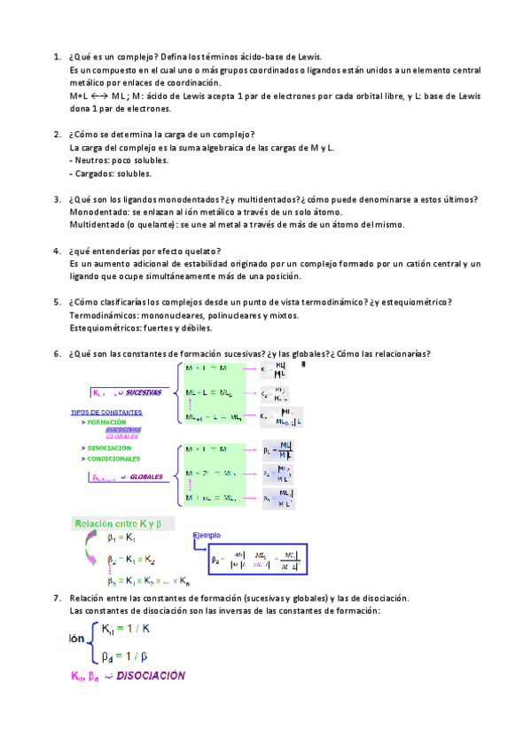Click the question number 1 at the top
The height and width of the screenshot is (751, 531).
tap(57, 56)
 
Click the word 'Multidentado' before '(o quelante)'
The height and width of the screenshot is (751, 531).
tap(100, 225)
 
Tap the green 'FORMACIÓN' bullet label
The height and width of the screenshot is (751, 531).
tap(108, 422)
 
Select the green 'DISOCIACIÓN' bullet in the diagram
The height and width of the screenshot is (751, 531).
tap(109, 448)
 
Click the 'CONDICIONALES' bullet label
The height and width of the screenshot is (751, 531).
tap(113, 459)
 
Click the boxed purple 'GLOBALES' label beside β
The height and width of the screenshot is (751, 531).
tap(146, 476)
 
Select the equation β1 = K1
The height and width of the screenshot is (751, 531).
tap(121, 538)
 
